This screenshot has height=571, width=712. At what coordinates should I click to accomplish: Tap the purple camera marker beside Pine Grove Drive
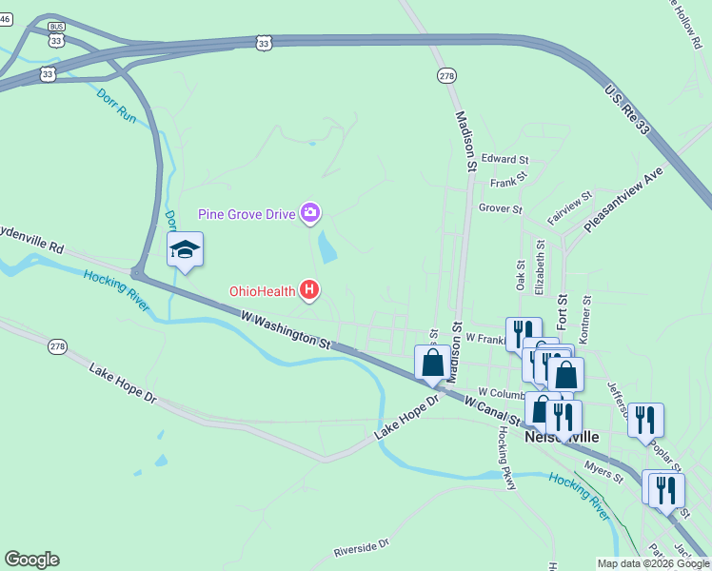(309, 213)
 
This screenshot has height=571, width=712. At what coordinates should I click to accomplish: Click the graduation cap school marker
(185, 250)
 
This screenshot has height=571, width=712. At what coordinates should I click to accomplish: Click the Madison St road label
(465, 140)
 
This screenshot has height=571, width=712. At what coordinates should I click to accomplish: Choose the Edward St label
(504, 159)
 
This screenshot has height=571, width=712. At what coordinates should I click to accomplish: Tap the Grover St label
(501, 207)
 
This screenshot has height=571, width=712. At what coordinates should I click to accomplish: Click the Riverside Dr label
(362, 548)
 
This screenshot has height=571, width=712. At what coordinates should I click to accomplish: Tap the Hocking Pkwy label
(506, 458)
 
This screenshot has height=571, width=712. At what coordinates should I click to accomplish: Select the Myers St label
(603, 468)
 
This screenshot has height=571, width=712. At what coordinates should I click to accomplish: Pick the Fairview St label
(570, 207)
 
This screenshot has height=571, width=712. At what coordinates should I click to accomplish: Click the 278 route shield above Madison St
(446, 75)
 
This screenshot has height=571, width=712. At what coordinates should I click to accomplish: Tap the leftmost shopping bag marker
(432, 363)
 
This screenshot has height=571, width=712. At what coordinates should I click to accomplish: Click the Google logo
(31, 559)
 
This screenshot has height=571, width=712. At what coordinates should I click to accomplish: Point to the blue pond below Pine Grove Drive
(327, 247)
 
